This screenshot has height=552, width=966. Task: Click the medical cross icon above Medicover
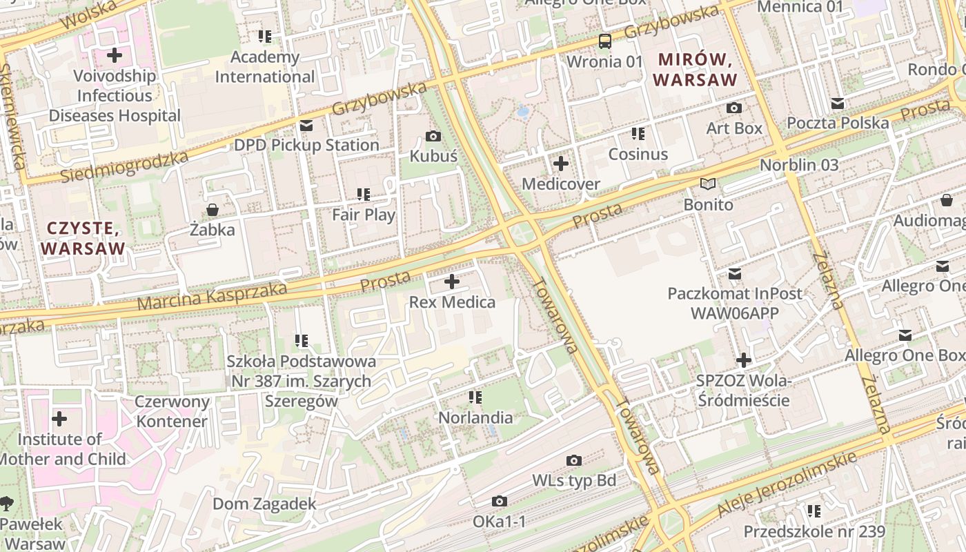[561, 164]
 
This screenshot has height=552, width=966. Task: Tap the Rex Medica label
[452, 302]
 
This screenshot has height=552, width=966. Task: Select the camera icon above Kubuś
[433, 137]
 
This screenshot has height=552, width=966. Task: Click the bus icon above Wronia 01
[604, 41]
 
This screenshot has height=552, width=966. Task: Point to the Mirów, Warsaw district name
[695, 70]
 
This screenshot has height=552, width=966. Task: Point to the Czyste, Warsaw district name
[83, 237]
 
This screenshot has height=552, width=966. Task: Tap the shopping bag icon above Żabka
[212, 210]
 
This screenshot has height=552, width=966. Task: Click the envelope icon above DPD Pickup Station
[306, 126]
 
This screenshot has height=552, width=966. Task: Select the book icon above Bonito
[708, 184]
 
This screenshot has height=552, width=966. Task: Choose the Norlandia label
[475, 417]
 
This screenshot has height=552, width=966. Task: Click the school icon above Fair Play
[363, 195]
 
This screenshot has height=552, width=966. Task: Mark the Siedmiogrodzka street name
[124, 168]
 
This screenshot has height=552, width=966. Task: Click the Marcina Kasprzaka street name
[212, 296]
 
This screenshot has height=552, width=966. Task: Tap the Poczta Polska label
[838, 123]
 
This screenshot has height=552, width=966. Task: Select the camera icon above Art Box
[734, 108]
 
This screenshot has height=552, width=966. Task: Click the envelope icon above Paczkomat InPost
[735, 274]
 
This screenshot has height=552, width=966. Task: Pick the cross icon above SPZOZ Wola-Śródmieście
[743, 360]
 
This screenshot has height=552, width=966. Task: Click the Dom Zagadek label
[264, 504]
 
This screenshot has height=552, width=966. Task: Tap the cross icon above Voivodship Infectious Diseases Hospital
[115, 55]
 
